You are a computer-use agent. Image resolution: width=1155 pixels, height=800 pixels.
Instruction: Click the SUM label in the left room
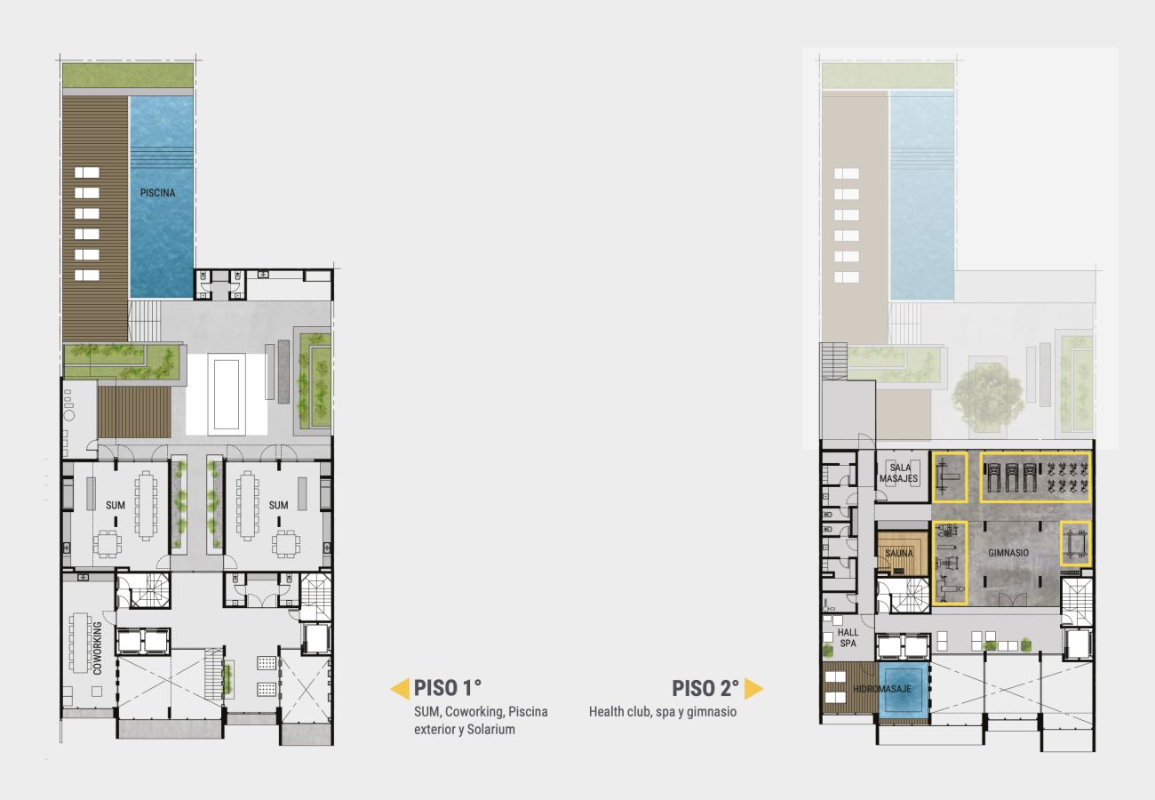[115, 505]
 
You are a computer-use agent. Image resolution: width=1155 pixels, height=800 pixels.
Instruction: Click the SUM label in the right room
[279, 505]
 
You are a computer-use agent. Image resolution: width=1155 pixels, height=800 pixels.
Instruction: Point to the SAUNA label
[899, 554]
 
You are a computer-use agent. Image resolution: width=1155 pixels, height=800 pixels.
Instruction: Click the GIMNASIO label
[1008, 553]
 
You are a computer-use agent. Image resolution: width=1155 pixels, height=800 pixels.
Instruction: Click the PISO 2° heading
[705, 688]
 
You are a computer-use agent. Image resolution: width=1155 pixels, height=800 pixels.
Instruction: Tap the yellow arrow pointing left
[400, 689]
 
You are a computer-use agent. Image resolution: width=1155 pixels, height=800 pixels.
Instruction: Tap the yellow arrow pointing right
[753, 689]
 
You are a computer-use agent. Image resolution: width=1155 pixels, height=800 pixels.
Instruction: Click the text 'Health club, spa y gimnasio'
[662, 711]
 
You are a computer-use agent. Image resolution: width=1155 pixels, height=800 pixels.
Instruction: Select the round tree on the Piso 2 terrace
[987, 393]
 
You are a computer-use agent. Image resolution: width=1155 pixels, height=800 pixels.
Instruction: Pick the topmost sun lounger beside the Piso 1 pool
[87, 172]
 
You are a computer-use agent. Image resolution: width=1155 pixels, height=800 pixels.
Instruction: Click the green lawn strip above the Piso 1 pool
[128, 75]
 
